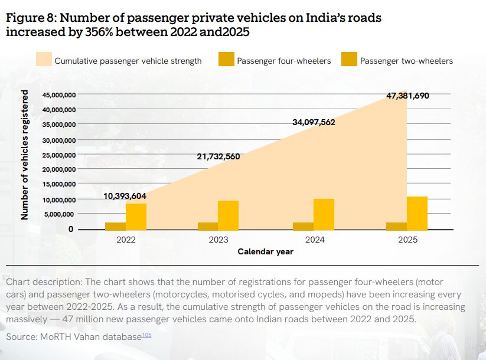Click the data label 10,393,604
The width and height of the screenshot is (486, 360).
(x=125, y=196)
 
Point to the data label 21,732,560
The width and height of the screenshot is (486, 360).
(x=218, y=156)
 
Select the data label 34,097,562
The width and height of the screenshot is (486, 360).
(x=314, y=122)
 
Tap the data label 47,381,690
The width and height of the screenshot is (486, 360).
(x=407, y=96)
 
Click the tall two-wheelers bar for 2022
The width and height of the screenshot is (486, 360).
(x=136, y=217)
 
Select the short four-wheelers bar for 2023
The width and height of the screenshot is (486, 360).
(x=208, y=226)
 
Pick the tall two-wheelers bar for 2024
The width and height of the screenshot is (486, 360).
(x=324, y=214)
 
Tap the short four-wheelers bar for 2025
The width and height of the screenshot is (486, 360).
(x=396, y=226)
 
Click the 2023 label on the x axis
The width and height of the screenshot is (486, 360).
(x=218, y=240)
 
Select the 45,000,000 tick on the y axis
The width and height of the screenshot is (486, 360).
(x=58, y=95)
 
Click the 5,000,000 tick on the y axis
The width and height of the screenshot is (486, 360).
(x=58, y=214)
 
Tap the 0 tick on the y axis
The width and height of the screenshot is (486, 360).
(x=71, y=229)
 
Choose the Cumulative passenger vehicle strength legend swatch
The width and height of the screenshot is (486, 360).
(x=43, y=59)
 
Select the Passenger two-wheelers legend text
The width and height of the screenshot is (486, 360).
(x=406, y=60)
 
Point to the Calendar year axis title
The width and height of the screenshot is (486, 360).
(x=265, y=251)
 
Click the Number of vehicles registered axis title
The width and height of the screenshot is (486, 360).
(x=25, y=155)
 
